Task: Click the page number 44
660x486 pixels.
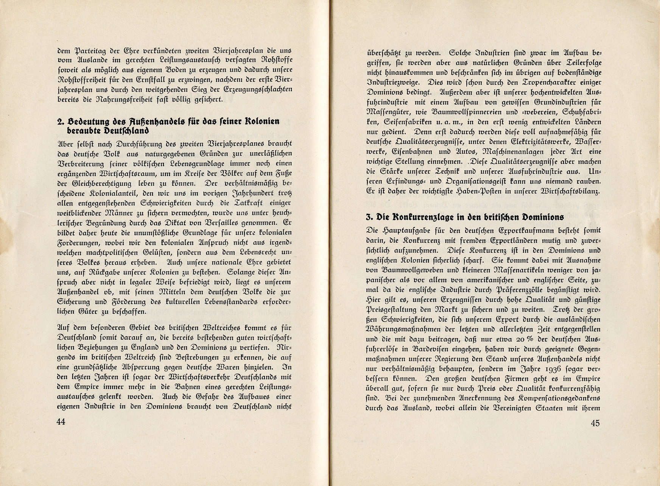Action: point(61,422)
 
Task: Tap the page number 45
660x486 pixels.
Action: point(595,423)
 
